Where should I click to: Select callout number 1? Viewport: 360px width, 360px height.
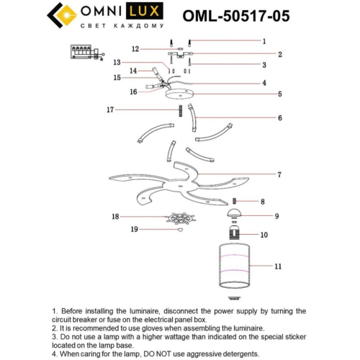click(x=264, y=42)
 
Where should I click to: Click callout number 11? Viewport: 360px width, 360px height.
click(x=278, y=266)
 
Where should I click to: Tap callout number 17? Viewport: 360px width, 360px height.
click(x=110, y=110)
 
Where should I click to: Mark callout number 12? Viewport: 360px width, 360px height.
click(x=135, y=48)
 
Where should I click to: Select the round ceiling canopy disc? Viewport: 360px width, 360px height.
click(x=179, y=94)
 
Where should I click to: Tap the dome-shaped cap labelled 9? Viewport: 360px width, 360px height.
click(x=234, y=214)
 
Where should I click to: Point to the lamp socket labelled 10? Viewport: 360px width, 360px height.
click(x=234, y=234)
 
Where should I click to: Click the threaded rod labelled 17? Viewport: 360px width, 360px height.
click(x=176, y=112)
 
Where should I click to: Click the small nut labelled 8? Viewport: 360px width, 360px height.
click(x=234, y=201)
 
